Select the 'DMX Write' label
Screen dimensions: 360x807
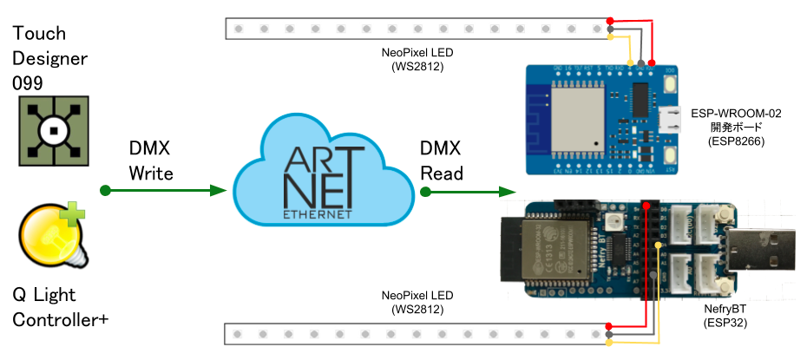tap(151, 160)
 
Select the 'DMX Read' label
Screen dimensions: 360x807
tap(442, 160)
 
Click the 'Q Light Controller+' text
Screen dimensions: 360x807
tap(61, 307)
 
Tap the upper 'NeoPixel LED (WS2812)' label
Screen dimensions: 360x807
tap(417, 58)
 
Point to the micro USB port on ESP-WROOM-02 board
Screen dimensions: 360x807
tap(671, 116)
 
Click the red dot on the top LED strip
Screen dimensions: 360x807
tap(611, 21)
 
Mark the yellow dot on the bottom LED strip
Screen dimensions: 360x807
tap(611, 344)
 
